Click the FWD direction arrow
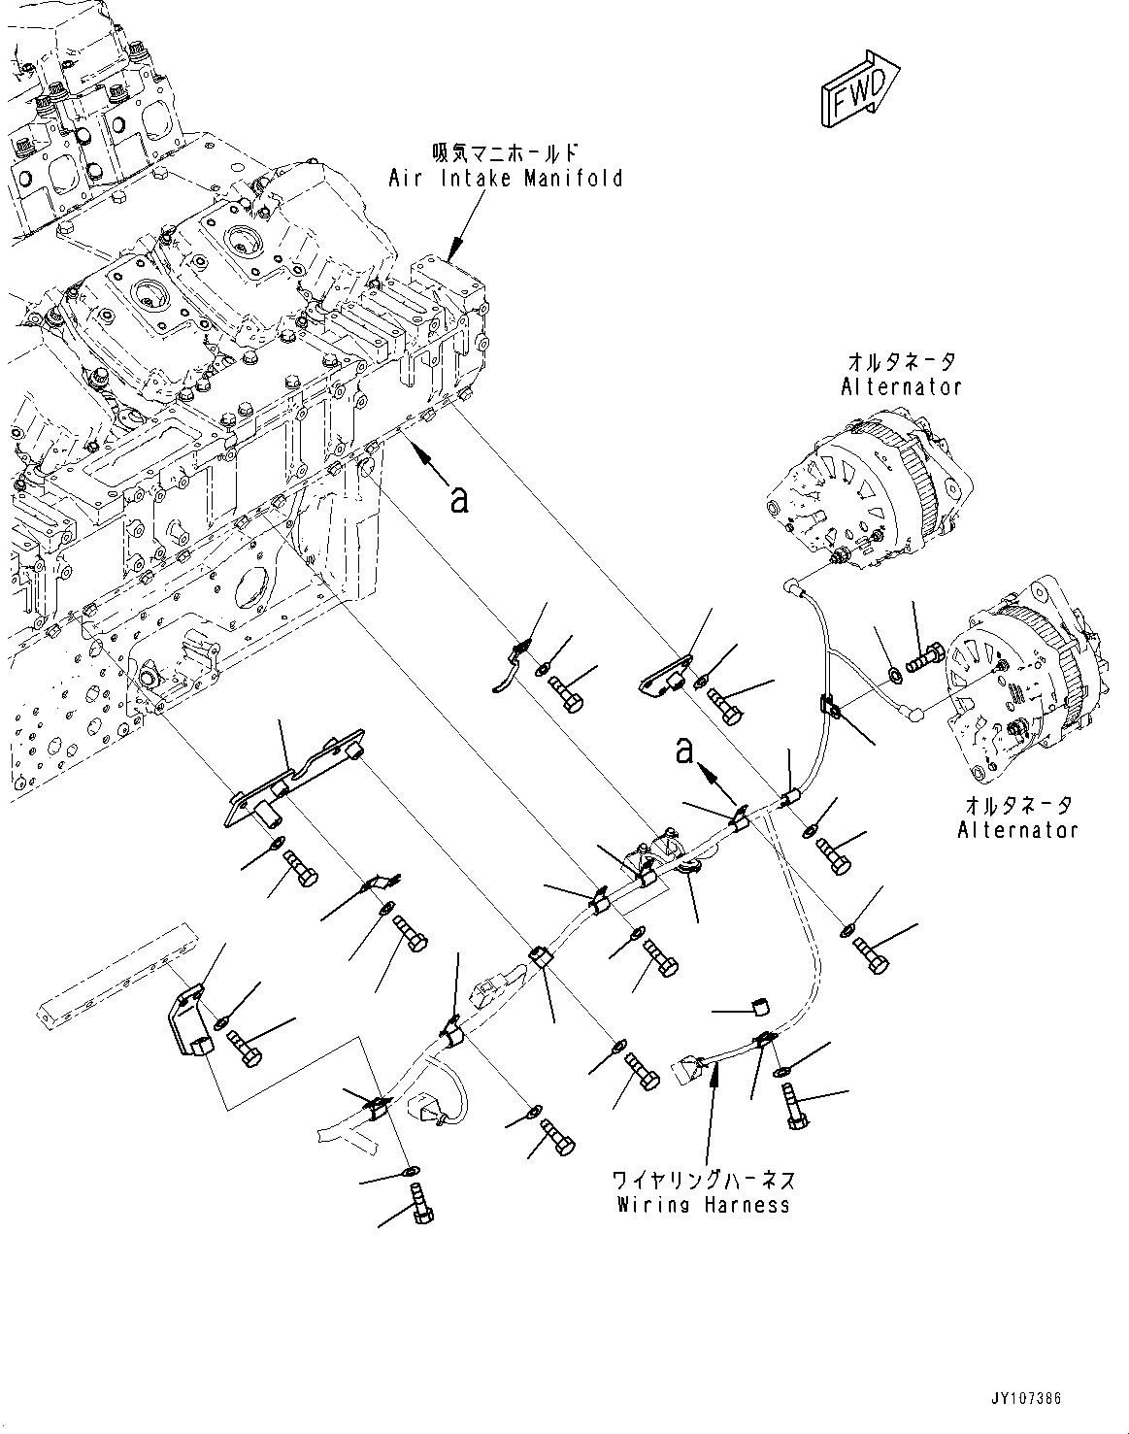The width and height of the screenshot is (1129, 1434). [x=860, y=90]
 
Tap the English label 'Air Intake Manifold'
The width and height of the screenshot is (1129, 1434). [x=505, y=179]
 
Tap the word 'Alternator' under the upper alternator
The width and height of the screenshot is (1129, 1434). [x=901, y=386]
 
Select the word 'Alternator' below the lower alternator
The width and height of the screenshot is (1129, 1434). [x=1016, y=830]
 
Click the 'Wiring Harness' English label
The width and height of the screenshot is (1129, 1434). [x=703, y=1205]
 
